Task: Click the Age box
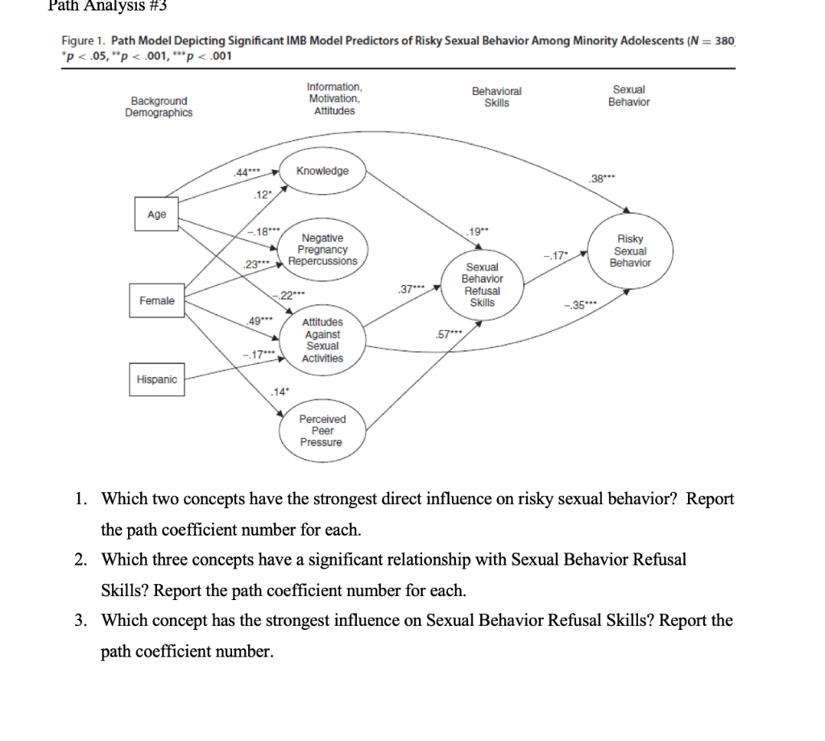click(157, 214)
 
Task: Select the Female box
click(156, 300)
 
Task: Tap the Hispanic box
click(157, 379)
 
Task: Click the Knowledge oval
click(322, 172)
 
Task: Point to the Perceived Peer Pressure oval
click(321, 431)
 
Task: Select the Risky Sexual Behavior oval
click(630, 250)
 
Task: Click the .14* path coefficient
click(280, 391)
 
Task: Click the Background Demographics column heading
click(159, 106)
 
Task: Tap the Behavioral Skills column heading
click(496, 97)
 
